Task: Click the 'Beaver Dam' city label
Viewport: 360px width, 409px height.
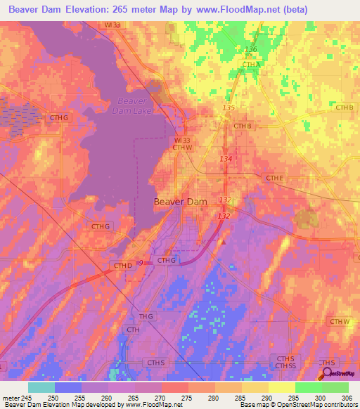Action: (181, 202)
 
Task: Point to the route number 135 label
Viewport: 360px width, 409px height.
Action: (228, 107)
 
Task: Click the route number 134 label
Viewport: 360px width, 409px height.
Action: (226, 160)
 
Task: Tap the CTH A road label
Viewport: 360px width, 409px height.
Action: (252, 65)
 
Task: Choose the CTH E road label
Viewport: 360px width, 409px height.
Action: (274, 178)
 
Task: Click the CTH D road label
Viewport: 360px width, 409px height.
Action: (122, 266)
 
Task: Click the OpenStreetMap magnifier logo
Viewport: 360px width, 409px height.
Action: (327, 373)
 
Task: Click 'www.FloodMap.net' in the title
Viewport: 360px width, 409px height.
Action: (260, 9)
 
